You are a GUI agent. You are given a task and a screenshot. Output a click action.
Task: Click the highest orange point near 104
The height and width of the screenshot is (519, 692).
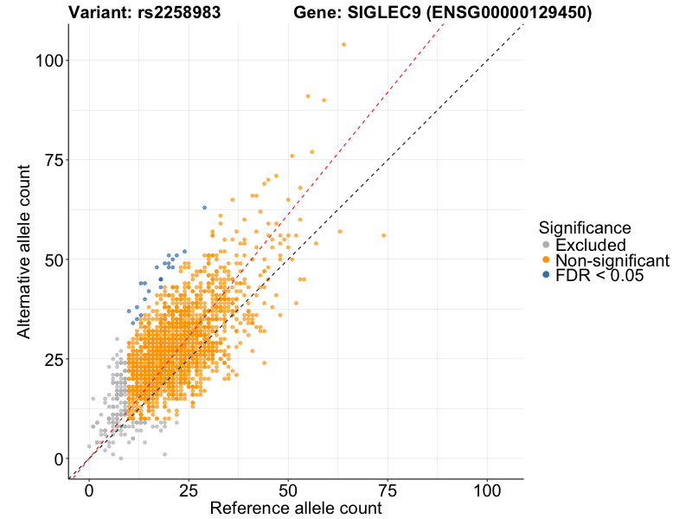343,44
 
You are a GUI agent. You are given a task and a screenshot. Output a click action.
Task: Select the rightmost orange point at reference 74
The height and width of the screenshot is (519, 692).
383,235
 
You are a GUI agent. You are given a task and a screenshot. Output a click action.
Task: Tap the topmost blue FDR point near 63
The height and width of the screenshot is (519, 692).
204,208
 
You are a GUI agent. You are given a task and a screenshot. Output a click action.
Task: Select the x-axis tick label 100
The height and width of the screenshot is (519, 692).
487,489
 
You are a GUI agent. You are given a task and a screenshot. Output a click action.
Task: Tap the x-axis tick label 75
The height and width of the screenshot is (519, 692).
388,489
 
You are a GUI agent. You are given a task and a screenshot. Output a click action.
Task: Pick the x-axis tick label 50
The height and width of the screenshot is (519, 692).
288,489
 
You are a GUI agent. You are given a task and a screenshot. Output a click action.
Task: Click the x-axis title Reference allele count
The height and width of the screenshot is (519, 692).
296,509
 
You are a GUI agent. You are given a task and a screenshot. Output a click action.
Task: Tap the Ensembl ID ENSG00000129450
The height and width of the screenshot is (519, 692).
501,13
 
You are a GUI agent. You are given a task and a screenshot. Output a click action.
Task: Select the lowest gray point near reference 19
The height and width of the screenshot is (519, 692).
164,454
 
